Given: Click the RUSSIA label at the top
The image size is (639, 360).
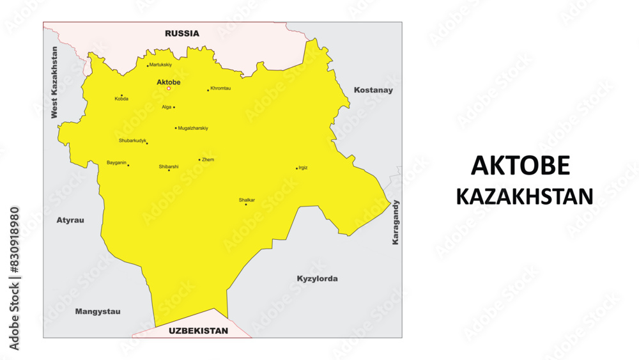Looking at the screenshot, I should click(182, 33).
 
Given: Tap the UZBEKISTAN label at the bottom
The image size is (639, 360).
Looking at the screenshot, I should click(198, 331).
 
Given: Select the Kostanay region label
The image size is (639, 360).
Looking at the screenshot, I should click(373, 90).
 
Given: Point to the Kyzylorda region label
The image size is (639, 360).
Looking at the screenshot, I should click(317, 279).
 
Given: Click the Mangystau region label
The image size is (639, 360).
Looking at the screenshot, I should click(98, 311).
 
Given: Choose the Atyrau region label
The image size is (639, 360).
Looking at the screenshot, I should click(70, 220).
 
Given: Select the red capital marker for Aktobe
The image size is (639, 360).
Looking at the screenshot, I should click(169, 89).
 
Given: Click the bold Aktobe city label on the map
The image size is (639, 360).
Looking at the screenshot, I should click(169, 82).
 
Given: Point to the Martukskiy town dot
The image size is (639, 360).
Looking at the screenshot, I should click(148, 66).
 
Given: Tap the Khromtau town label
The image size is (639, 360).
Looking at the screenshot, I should click(221, 88).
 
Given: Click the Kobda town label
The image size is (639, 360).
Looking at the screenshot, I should click(121, 99).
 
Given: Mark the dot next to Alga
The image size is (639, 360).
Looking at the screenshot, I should click(174, 107).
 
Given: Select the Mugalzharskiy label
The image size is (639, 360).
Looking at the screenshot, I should click(193, 128).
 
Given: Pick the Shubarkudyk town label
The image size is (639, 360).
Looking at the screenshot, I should click(132, 140).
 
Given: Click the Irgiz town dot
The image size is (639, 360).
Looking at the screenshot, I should click(296, 169).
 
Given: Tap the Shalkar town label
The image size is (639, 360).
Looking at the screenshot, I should click(247, 200).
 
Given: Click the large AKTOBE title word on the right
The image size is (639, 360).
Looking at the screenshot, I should click(520, 166).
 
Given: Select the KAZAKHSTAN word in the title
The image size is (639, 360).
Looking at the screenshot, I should click(524, 196).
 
